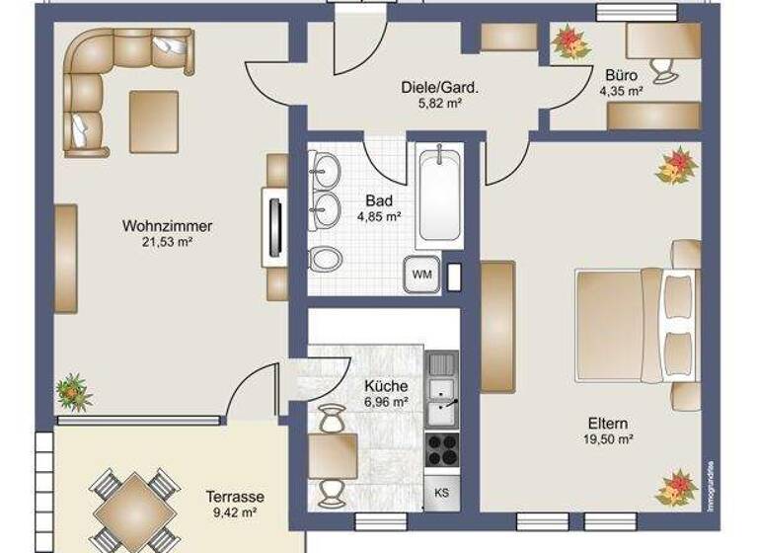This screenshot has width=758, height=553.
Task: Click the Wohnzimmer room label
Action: click(x=167, y=225)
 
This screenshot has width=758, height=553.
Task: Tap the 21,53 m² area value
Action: click(x=167, y=240)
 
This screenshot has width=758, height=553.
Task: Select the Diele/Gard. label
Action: click(x=439, y=87)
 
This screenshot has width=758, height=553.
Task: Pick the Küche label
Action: click(x=386, y=386)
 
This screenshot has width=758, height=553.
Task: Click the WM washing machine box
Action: click(x=422, y=274)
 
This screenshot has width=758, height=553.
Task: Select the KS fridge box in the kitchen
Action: click(x=442, y=492)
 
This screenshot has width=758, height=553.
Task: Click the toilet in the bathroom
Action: click(x=323, y=261)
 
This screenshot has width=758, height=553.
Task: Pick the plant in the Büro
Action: click(x=570, y=41)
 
